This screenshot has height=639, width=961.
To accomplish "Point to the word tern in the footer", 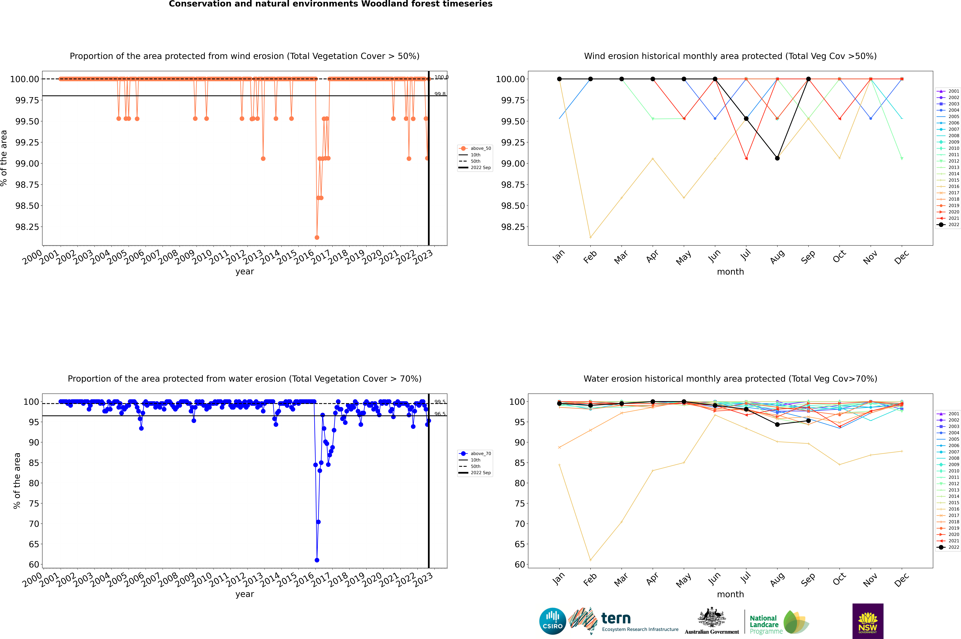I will (x=616, y=619).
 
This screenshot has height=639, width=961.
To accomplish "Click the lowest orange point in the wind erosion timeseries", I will (x=317, y=237).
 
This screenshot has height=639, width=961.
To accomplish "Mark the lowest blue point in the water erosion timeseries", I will (x=317, y=560).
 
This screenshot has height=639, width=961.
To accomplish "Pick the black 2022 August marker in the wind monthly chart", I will (x=777, y=158).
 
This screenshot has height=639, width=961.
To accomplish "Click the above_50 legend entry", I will (x=481, y=148).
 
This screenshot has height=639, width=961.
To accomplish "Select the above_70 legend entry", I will (x=481, y=453).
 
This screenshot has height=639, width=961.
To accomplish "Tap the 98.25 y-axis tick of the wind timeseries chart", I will (x=27, y=227).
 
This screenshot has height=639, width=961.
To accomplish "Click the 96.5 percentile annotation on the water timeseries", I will (x=440, y=414).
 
